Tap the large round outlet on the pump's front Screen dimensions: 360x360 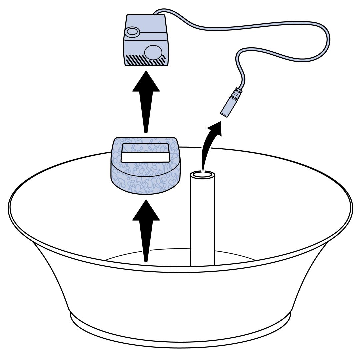(x=153, y=51)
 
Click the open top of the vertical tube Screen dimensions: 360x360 (x=202, y=175)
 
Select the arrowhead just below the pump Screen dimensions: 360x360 (x=145, y=80)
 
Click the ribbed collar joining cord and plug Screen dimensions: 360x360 (x=237, y=92)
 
